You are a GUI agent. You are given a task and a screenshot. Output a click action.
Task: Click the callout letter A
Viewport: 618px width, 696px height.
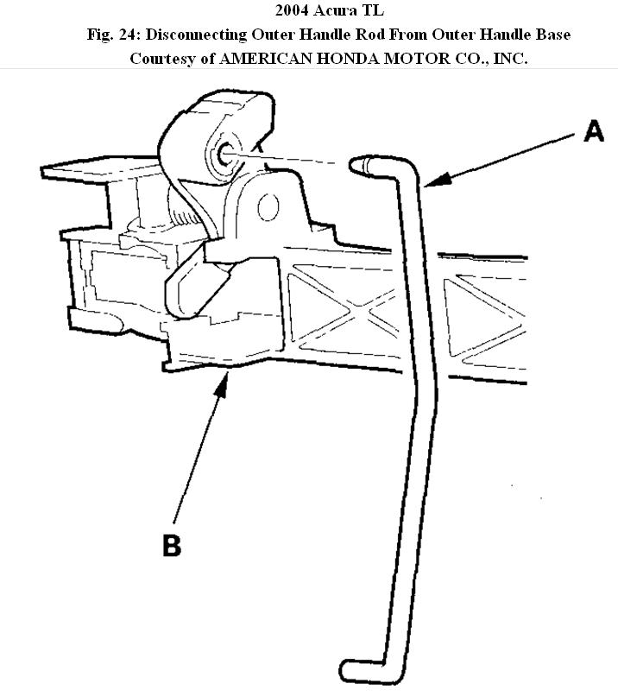[x=593, y=132]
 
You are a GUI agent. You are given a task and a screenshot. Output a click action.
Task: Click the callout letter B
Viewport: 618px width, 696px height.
[x=172, y=546]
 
